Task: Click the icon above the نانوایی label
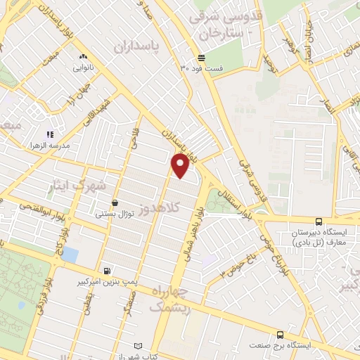tap(82, 57)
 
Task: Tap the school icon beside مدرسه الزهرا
tap(49, 134)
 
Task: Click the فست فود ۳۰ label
tap(201, 68)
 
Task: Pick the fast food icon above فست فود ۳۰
tap(202, 58)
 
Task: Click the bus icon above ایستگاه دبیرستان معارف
tap(319, 221)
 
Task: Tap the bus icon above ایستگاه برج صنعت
tap(281, 335)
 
